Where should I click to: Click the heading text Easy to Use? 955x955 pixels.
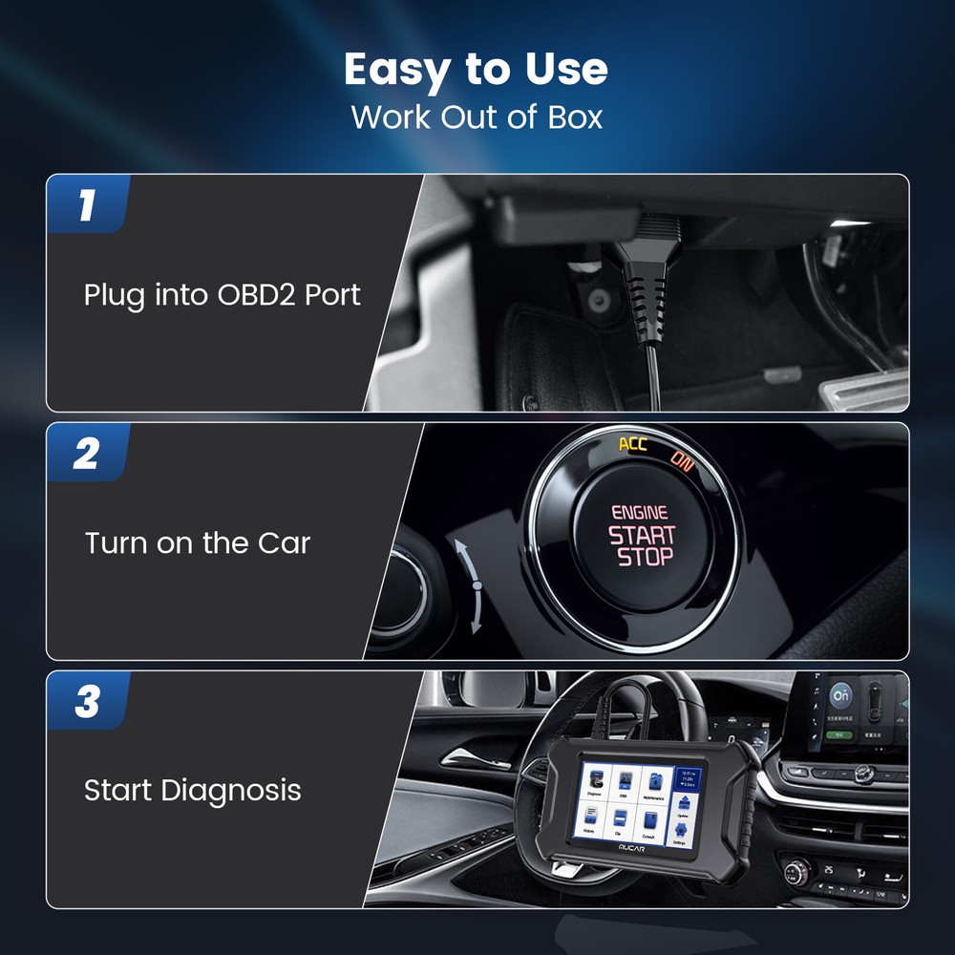[476, 70]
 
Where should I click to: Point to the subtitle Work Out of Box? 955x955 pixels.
[477, 117]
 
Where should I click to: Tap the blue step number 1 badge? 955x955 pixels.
[87, 205]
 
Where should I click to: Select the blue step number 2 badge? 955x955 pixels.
[87, 454]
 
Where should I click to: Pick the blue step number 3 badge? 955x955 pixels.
[87, 702]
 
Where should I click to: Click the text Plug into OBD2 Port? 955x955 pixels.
[223, 294]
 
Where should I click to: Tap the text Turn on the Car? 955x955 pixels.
[198, 543]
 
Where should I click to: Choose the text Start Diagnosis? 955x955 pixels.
[193, 791]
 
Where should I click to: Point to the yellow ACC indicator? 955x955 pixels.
[632, 444]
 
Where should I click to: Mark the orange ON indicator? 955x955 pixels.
[681, 460]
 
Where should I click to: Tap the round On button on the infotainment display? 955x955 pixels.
[840, 694]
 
